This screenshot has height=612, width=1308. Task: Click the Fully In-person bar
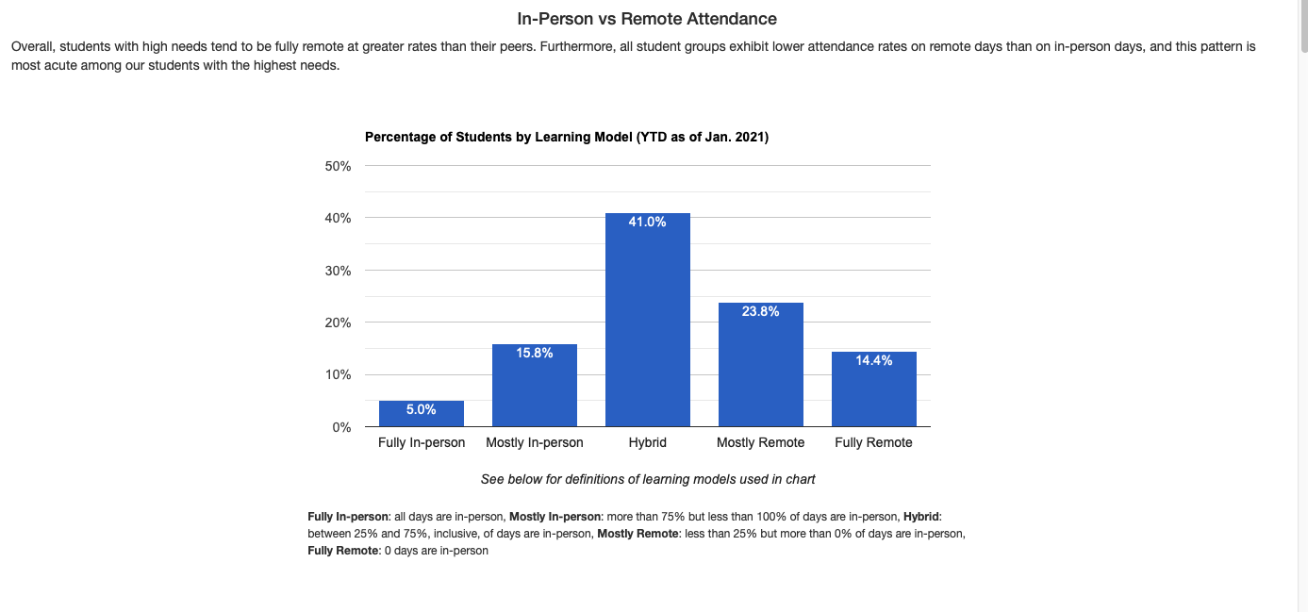coord(422,415)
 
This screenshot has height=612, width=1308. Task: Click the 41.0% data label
coord(648,223)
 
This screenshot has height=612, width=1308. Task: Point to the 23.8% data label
coord(761,311)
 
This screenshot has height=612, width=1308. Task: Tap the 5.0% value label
coord(422,409)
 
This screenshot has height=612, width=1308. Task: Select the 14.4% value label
coord(874,360)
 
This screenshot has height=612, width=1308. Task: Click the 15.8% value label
coord(535,353)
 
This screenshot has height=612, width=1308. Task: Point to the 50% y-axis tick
coord(339,166)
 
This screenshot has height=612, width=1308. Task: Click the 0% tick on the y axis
coord(341,427)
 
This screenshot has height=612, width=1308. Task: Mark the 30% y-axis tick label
coord(339,271)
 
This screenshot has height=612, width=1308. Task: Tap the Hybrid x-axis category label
coord(648,442)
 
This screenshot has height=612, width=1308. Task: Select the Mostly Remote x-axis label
coord(761,442)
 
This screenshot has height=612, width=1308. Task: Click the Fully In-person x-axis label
coord(422,442)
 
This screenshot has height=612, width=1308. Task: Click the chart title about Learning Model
coord(567,137)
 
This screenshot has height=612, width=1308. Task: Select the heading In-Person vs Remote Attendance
coord(647,19)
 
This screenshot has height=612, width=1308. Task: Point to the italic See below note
coord(648,479)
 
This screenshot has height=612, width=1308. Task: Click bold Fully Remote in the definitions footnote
coord(343,551)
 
